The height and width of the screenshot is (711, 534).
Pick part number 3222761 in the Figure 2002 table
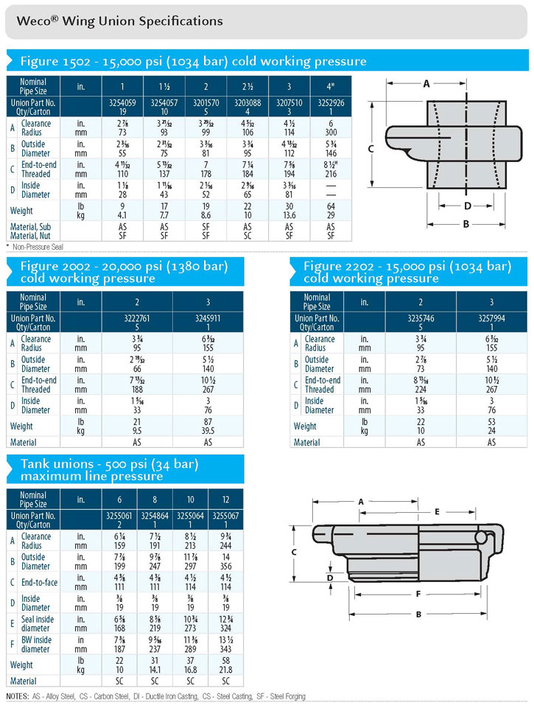pos(136,318)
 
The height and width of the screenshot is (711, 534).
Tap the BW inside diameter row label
pos(37,645)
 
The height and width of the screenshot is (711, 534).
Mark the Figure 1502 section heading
pos(193,61)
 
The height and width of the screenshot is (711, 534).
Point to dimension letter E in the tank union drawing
pos(437,511)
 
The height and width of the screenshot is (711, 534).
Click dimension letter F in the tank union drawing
pos(418,593)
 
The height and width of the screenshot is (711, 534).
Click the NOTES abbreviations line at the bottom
pos(155,696)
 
